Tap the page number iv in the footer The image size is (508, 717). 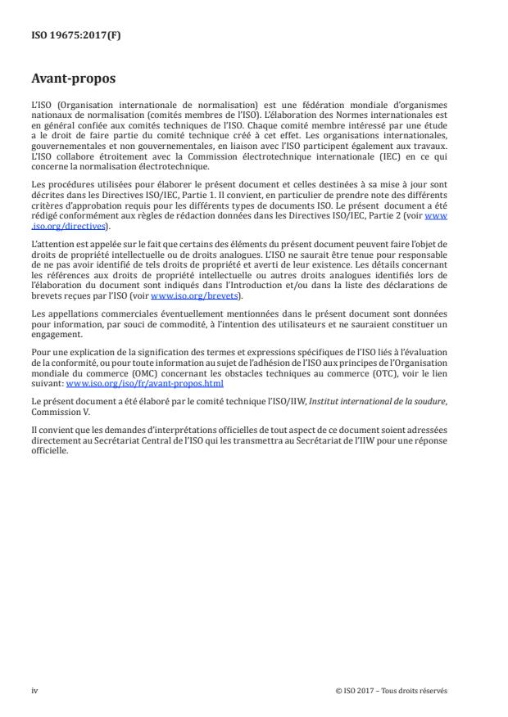pyautogui.click(x=34, y=690)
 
